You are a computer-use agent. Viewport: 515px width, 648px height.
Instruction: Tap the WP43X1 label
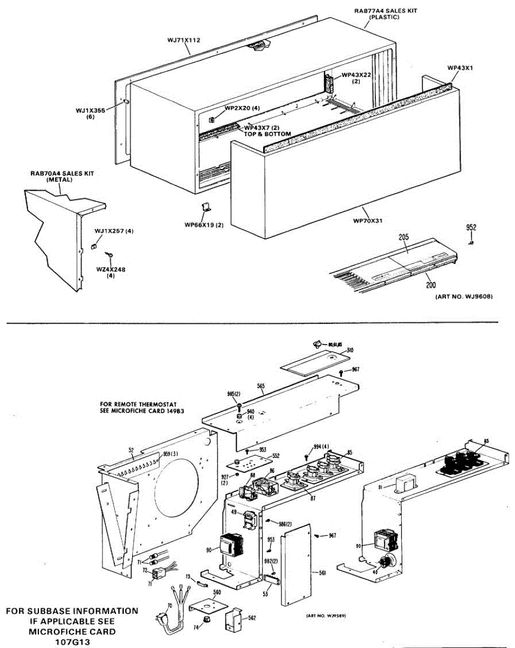[460, 67]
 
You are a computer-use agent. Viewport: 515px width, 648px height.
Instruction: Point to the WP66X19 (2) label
[204, 225]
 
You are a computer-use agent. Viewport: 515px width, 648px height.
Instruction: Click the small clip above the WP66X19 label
[205, 206]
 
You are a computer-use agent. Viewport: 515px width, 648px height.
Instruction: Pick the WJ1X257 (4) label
[114, 231]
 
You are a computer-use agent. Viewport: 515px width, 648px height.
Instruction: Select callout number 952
[471, 227]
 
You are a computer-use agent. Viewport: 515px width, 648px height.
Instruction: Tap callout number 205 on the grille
[403, 236]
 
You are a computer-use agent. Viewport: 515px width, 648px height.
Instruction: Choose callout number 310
[350, 350]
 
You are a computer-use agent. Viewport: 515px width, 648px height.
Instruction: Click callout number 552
[276, 456]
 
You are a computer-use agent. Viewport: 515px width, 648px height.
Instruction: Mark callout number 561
[322, 572]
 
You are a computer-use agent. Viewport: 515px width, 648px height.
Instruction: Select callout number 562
[252, 617]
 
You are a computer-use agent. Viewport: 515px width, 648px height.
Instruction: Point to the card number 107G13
[72, 642]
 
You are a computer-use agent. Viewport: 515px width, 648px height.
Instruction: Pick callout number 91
[380, 487]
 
